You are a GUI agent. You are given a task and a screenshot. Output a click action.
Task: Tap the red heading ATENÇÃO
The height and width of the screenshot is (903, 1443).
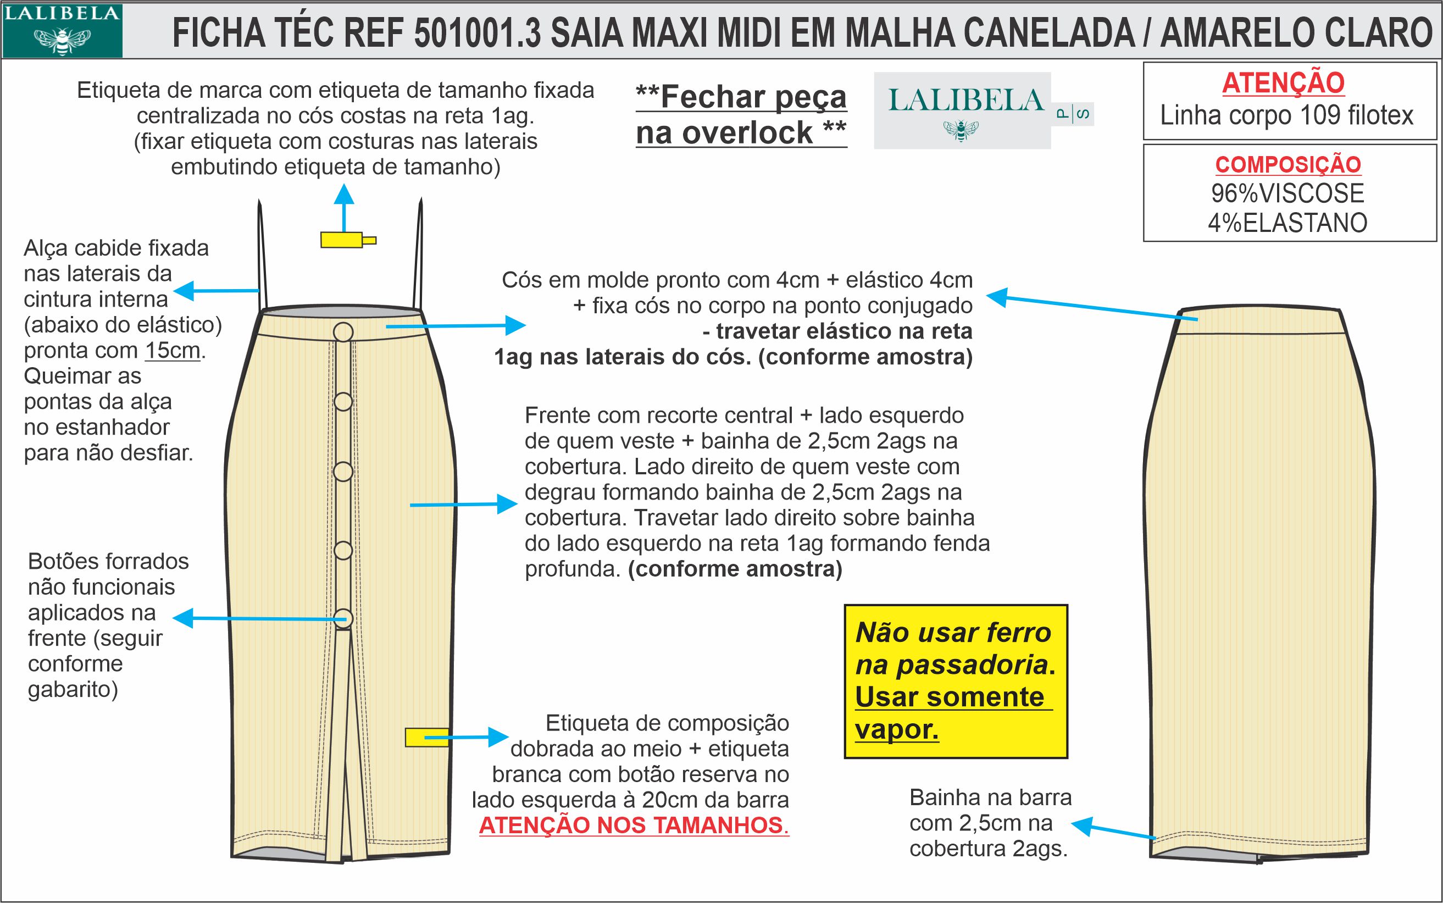click(1283, 83)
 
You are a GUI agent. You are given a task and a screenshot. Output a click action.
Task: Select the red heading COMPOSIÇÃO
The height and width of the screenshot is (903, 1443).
click(1288, 165)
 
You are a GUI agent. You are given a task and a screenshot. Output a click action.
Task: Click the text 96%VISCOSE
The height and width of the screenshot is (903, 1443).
click(1288, 193)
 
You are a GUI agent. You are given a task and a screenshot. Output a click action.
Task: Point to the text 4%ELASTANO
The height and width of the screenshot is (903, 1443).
click(1288, 223)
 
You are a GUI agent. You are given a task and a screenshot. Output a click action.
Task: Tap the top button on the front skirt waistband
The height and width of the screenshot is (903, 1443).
click(343, 332)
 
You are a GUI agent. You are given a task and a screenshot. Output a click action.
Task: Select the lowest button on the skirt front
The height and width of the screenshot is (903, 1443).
click(343, 618)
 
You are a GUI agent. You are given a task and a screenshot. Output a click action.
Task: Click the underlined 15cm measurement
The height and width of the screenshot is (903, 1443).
click(173, 351)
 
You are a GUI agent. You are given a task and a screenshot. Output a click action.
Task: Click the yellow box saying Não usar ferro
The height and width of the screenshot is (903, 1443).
click(955, 682)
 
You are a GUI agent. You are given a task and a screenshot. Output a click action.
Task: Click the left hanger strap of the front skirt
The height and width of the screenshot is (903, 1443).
click(262, 257)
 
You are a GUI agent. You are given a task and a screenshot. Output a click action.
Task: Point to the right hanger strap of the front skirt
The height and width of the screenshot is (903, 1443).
click(419, 257)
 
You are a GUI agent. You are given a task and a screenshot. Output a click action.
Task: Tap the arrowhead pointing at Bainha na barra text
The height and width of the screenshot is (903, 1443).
click(1081, 826)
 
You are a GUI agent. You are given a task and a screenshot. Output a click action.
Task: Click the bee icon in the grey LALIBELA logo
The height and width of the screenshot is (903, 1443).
click(961, 130)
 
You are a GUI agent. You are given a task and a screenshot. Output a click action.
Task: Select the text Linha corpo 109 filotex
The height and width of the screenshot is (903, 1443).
click(1286, 115)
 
